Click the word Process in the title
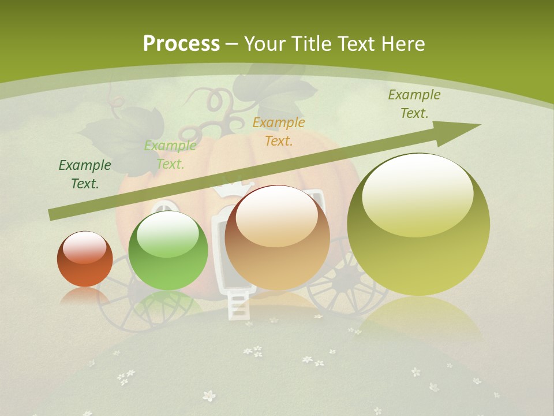tap(181, 44)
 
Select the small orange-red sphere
tap(85, 259)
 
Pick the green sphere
tap(168, 251)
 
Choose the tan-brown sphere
tap(277, 238)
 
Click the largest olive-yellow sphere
tap(418, 225)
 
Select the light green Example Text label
tap(170, 155)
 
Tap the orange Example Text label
tap(279, 131)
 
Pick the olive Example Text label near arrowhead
tap(414, 104)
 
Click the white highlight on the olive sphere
tap(417, 194)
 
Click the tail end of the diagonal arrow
tap(53, 215)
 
